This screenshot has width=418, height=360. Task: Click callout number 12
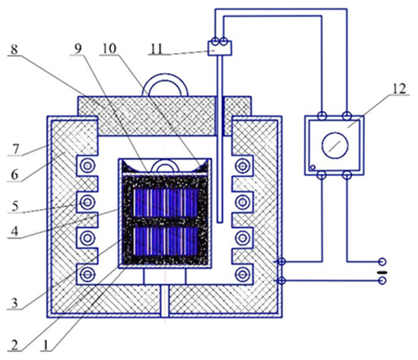point(399,88)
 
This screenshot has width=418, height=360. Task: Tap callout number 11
point(157,49)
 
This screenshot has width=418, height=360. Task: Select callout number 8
point(14,49)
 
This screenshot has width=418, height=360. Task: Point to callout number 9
point(78,49)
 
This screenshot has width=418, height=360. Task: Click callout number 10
point(109,49)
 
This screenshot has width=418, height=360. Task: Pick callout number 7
point(15,149)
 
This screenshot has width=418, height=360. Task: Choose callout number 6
point(14,175)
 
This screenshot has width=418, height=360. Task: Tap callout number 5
point(15,207)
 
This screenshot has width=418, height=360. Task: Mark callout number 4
point(14,232)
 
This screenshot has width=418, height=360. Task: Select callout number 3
point(14,303)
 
